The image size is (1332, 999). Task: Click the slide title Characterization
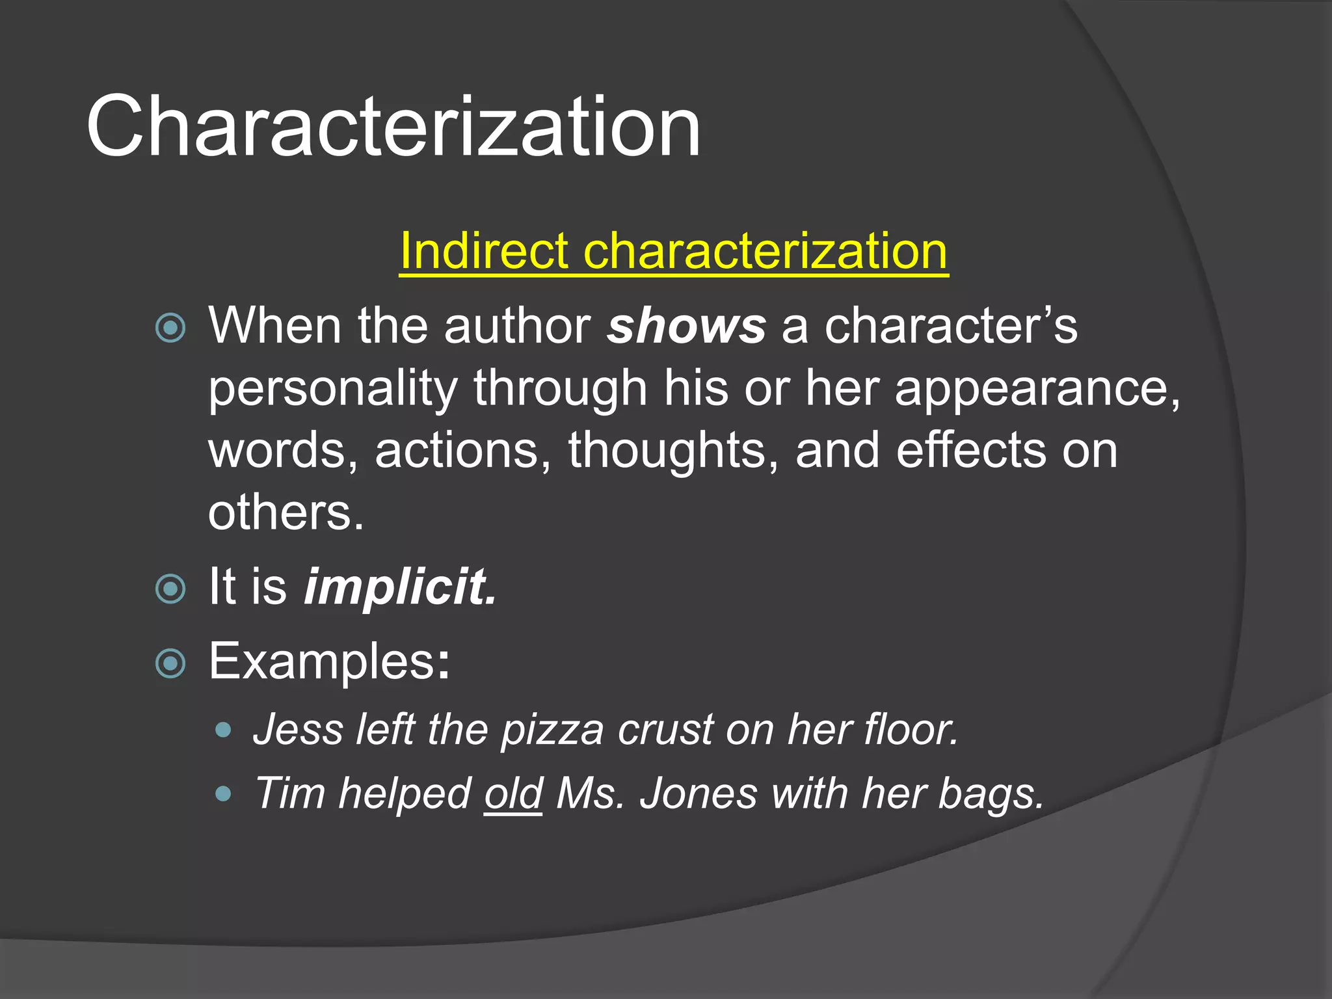tap(393, 126)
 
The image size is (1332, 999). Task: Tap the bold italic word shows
tap(686, 326)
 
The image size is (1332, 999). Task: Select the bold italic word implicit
tap(400, 587)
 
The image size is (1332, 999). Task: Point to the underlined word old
tap(513, 793)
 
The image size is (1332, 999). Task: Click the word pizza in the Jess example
tap(552, 730)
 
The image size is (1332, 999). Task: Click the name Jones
tap(698, 793)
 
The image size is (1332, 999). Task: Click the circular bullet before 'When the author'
tap(171, 328)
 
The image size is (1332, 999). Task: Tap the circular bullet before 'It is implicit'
tap(171, 589)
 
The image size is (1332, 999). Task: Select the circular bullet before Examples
tap(171, 663)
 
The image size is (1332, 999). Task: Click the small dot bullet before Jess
tap(223, 730)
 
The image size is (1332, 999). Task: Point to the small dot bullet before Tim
tap(223, 793)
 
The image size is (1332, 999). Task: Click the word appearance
tap(1037, 389)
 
